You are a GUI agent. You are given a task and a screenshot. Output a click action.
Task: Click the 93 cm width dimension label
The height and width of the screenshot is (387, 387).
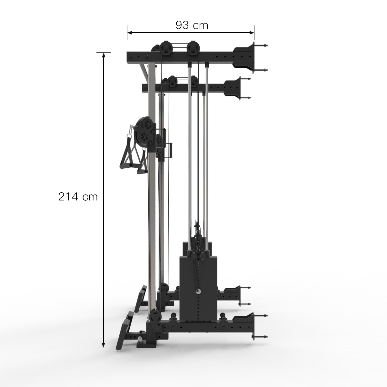point(192,25)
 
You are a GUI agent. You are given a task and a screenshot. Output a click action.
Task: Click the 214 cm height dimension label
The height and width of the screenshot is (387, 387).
point(78,196)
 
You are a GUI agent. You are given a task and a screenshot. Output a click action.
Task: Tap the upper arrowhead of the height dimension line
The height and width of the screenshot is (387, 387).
point(104,55)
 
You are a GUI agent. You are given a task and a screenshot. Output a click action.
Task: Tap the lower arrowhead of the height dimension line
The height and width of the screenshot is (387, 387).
point(104,345)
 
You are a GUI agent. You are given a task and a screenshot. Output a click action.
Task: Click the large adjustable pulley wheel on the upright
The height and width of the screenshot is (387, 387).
point(145,132)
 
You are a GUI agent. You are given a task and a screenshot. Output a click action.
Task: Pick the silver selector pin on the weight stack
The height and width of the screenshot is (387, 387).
point(197,291)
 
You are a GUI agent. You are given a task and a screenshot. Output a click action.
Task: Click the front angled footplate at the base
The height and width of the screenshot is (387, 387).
point(123,331)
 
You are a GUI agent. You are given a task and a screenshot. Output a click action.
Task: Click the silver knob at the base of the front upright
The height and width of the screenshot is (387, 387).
point(141,339)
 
